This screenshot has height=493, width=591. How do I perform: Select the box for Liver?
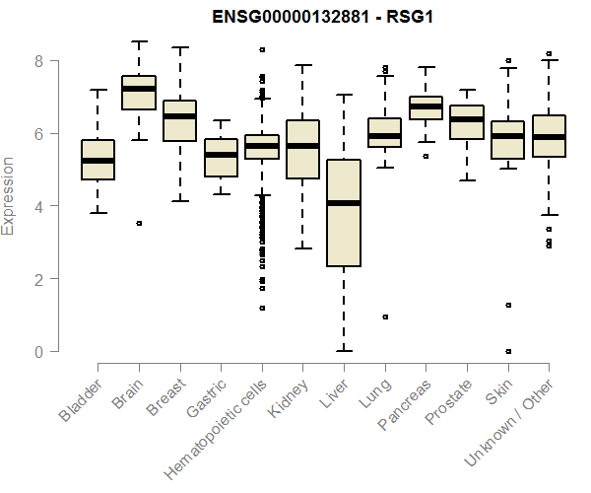click(344, 213)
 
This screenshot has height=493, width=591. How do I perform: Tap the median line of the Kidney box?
click(302, 146)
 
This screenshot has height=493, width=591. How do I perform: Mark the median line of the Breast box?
click(179, 116)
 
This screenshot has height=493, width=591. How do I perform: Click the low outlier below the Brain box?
click(139, 224)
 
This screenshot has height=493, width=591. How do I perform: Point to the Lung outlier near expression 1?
click(385, 317)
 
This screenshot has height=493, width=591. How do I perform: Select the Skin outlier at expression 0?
click(508, 351)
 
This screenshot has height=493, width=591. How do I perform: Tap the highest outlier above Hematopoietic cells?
click(262, 49)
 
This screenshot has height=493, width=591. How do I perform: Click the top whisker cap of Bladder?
click(98, 90)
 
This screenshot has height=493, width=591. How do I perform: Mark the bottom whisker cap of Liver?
click(344, 350)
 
